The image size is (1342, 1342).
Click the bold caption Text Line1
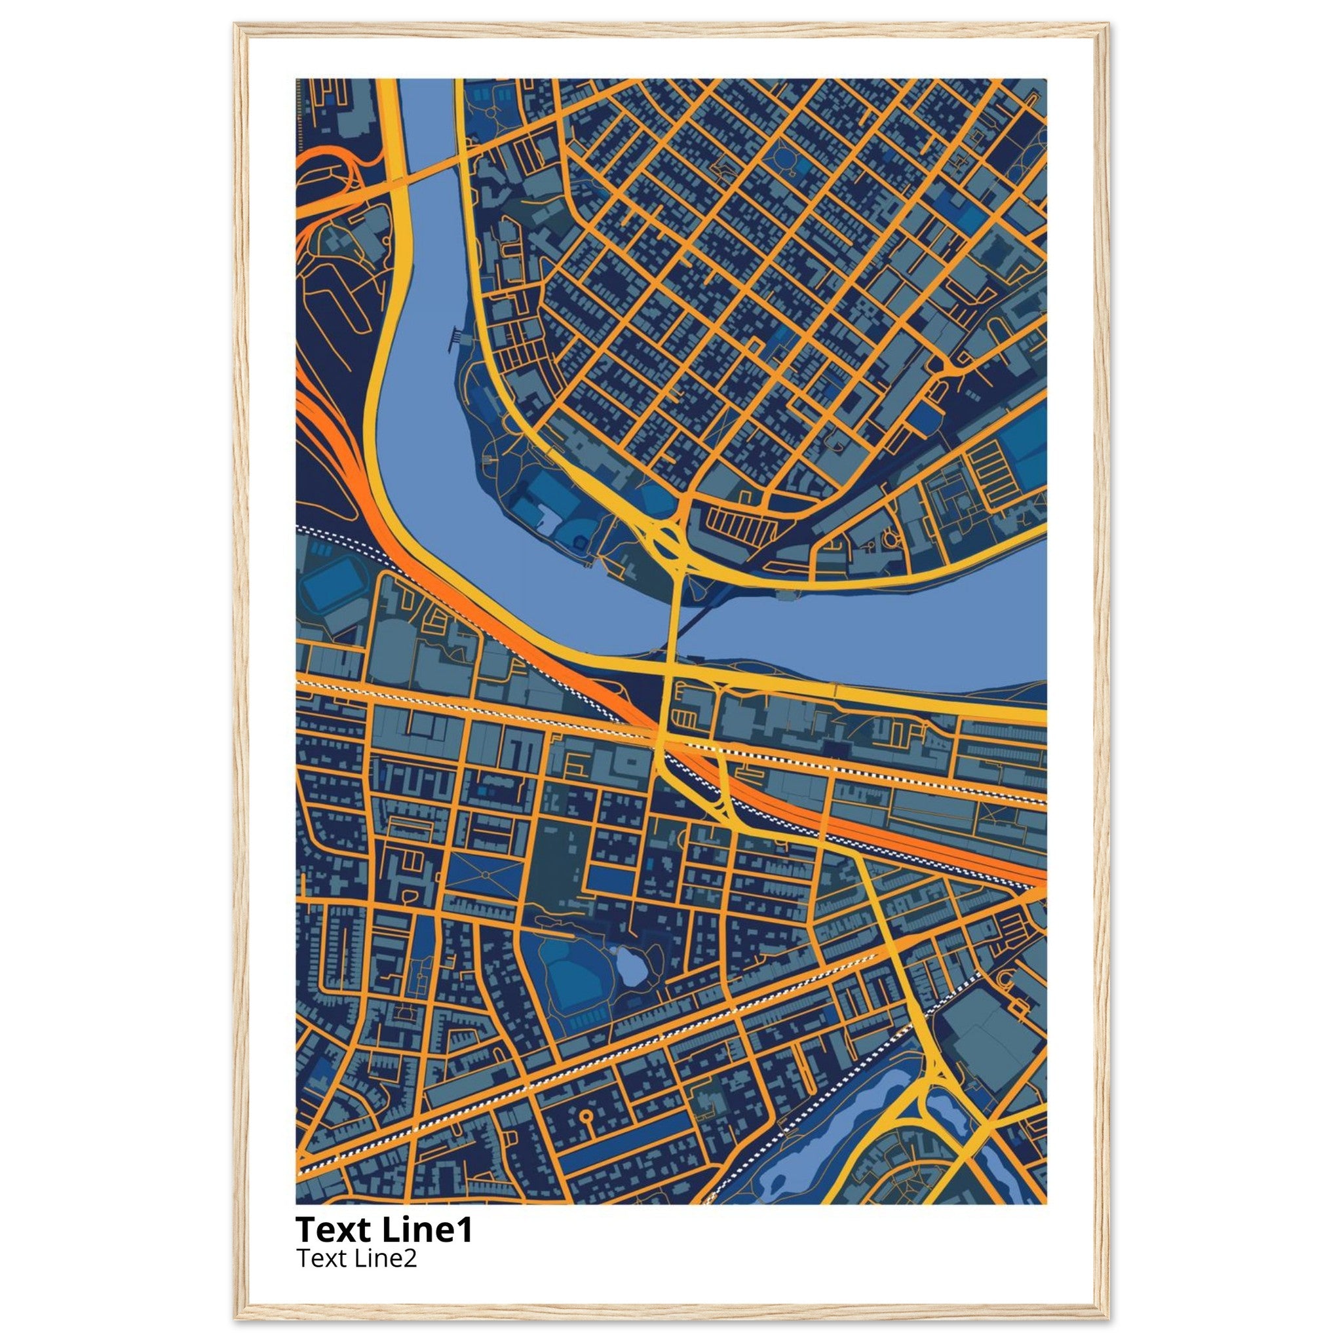pos(384,1229)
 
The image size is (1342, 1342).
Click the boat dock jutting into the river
pos(455,338)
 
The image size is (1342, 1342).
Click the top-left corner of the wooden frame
pos(236,26)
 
